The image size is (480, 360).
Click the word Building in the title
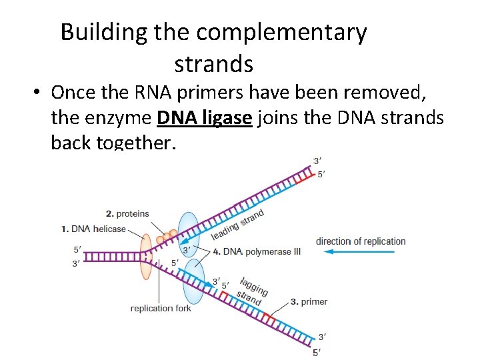(104, 33)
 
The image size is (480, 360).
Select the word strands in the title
(213, 64)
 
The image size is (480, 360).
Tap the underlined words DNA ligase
(205, 118)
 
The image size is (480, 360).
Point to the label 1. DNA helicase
(93, 229)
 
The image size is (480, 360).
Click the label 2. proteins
(127, 213)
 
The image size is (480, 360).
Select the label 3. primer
(309, 302)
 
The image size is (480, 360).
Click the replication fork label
(161, 308)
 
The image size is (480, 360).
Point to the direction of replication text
(361, 241)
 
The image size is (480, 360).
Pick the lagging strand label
(253, 289)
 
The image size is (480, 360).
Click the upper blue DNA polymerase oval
(189, 235)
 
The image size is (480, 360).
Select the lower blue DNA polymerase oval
(195, 281)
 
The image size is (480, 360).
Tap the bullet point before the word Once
(35, 92)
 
